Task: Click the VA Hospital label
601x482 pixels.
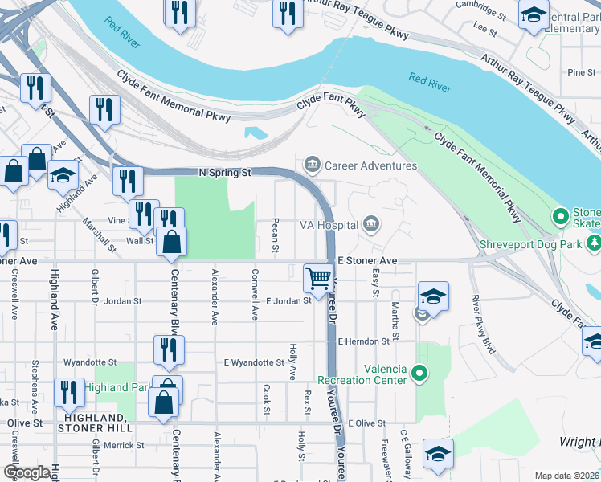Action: point(328,226)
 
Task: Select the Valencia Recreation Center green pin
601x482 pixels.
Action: point(419,373)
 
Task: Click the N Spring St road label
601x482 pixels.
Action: point(225,173)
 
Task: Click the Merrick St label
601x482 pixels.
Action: point(122,444)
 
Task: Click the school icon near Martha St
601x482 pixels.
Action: point(432,296)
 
